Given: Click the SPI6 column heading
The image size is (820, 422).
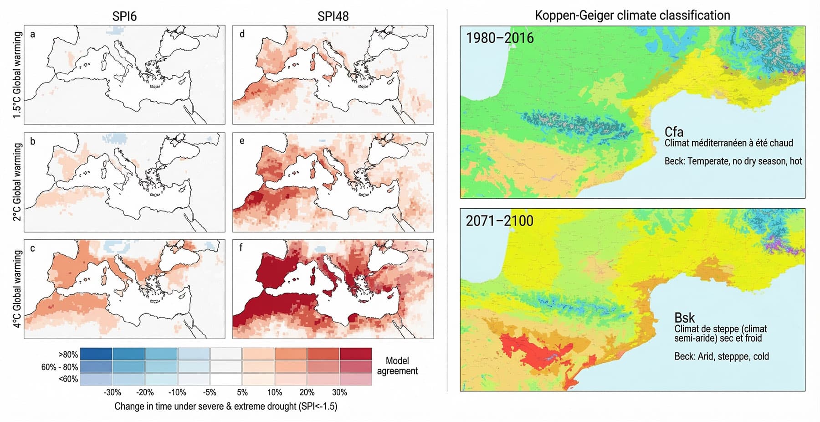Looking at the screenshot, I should pyautogui.click(x=124, y=16).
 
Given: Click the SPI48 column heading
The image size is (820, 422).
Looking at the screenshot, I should pyautogui.click(x=333, y=16).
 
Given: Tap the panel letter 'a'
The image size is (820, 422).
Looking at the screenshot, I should pyautogui.click(x=32, y=34).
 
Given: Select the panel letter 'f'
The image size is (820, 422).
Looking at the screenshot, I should pyautogui.click(x=241, y=248).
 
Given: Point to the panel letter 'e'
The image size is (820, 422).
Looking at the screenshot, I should pyautogui.click(x=241, y=141).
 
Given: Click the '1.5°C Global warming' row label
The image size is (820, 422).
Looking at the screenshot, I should pyautogui.click(x=17, y=75).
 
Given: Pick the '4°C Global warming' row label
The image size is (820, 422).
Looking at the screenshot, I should pyautogui.click(x=17, y=288).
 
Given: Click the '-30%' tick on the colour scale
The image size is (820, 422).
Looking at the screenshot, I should pyautogui.click(x=112, y=392).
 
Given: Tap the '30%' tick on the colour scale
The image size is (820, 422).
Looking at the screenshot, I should pyautogui.click(x=339, y=392).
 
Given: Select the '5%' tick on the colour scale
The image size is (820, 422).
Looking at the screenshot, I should pyautogui.click(x=242, y=392).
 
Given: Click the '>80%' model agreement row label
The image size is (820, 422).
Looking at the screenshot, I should pyautogui.click(x=68, y=355).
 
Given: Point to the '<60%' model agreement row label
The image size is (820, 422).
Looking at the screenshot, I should pyautogui.click(x=68, y=379).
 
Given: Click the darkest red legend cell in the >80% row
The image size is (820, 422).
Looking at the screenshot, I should pyautogui.click(x=355, y=354).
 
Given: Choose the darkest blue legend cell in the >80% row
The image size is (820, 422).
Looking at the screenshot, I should pyautogui.click(x=96, y=354).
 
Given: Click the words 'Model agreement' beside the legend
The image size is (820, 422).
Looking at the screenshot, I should pyautogui.click(x=397, y=365).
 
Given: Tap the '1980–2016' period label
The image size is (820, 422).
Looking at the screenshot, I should pyautogui.click(x=499, y=38).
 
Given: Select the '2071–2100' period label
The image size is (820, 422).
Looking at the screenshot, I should pyautogui.click(x=499, y=221).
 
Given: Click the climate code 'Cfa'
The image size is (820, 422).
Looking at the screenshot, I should pyautogui.click(x=674, y=132).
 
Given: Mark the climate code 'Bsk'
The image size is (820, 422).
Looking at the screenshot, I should pyautogui.click(x=684, y=318).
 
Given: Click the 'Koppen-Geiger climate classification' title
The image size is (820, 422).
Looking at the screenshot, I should pyautogui.click(x=632, y=15).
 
